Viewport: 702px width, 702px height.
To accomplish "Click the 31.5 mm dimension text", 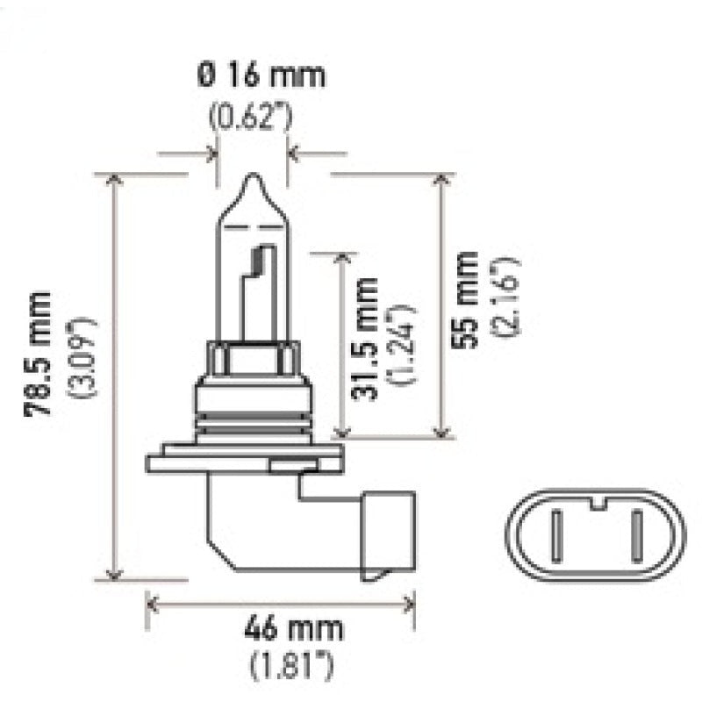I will click(x=365, y=338).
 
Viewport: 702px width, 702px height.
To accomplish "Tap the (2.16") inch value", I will click(x=506, y=299).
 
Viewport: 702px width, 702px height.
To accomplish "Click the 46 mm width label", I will click(x=282, y=629).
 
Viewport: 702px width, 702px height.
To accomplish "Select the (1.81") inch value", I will click(x=282, y=669).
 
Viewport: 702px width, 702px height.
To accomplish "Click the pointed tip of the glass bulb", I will click(x=254, y=180).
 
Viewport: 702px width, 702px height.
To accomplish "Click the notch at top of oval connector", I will click(x=597, y=504).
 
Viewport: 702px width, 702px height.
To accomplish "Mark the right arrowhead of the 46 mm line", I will click(x=408, y=603).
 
